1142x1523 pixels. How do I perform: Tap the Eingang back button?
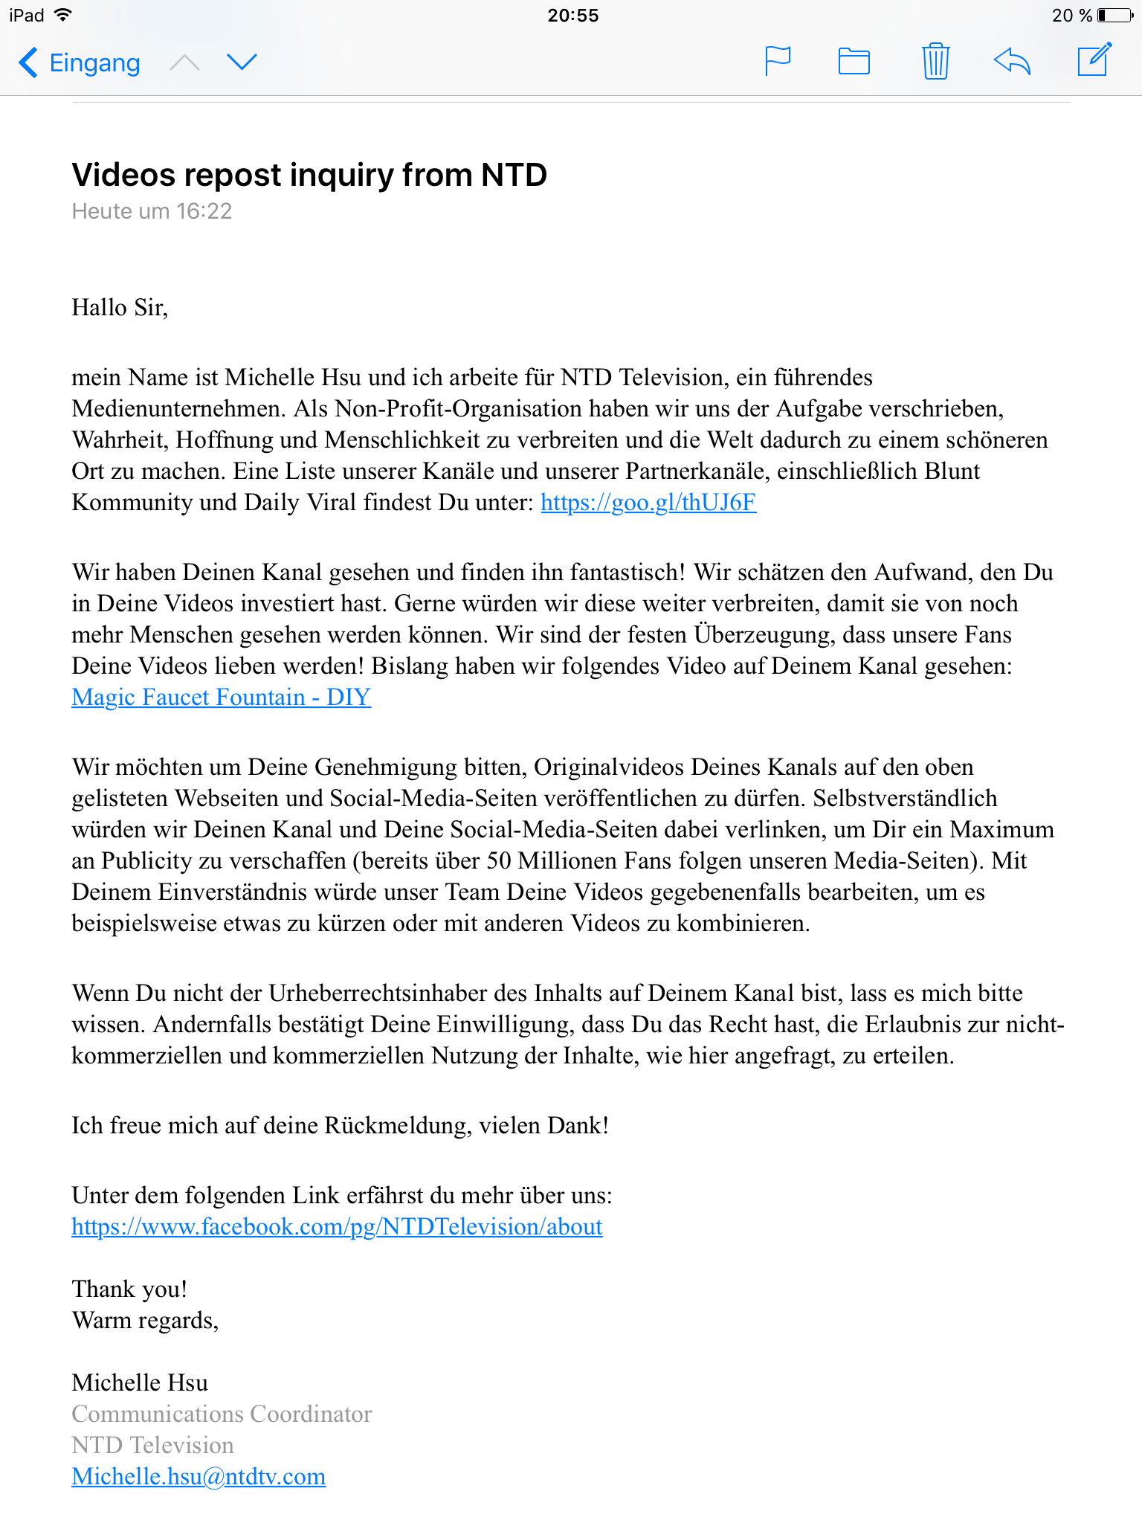[80, 63]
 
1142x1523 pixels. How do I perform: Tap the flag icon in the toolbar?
[778, 61]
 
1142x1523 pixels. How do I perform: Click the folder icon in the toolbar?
[854, 61]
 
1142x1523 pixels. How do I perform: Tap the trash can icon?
[935, 61]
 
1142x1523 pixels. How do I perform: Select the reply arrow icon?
[1012, 61]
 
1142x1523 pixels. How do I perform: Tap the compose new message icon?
[1094, 59]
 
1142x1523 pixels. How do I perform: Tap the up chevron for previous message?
[184, 63]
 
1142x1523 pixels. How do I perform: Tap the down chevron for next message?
[242, 62]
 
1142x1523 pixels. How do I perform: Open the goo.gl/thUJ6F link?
[648, 503]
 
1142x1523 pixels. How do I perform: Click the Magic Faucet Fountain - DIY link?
[221, 698]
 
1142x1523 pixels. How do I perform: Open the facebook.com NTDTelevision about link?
[337, 1227]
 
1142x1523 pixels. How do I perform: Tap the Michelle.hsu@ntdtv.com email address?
[199, 1477]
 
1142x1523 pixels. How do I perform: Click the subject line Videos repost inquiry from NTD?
[309, 176]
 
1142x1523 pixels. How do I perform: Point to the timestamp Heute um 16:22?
[152, 212]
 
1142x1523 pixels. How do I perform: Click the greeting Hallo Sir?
[120, 307]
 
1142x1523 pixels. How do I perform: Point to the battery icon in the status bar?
[1114, 16]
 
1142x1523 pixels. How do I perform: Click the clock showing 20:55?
[572, 16]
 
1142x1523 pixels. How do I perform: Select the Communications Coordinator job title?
[222, 1414]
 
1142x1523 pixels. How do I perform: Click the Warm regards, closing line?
[145, 1321]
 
